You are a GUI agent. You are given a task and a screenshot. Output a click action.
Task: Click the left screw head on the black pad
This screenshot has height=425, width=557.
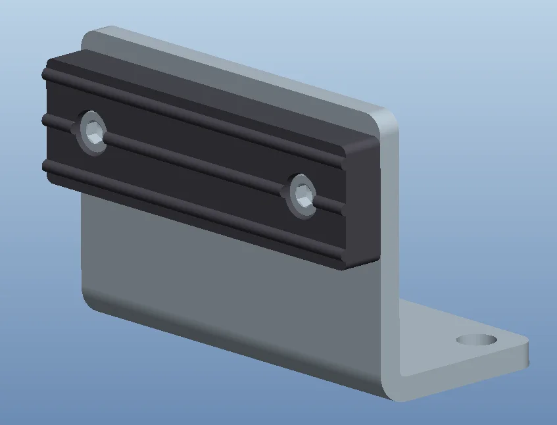pyautogui.click(x=93, y=133)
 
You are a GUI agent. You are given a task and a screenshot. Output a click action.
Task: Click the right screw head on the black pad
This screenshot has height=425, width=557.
pyautogui.click(x=303, y=195)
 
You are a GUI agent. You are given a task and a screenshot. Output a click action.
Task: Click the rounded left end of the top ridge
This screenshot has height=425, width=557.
pyautogui.click(x=46, y=74)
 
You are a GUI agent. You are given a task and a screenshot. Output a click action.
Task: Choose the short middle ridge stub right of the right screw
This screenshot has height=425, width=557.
pyautogui.click(x=332, y=207)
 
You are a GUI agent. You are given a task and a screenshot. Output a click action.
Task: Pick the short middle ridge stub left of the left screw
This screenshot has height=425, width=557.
pyautogui.click(x=58, y=122)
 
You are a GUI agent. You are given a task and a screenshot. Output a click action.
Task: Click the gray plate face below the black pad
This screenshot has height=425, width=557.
pyautogui.click(x=230, y=289)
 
